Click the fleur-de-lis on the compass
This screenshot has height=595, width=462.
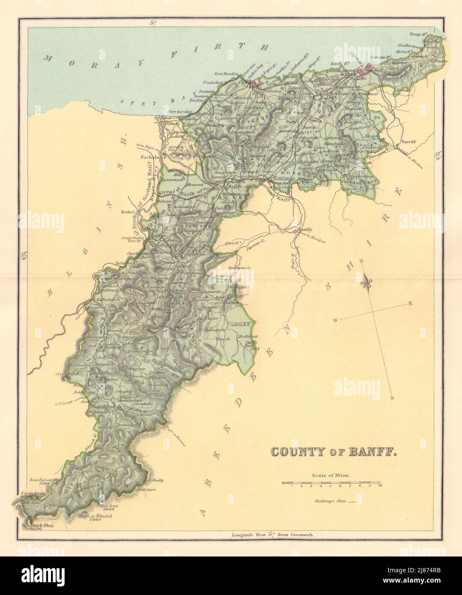[x=367, y=283]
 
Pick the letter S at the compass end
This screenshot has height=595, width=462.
[x=392, y=398]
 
